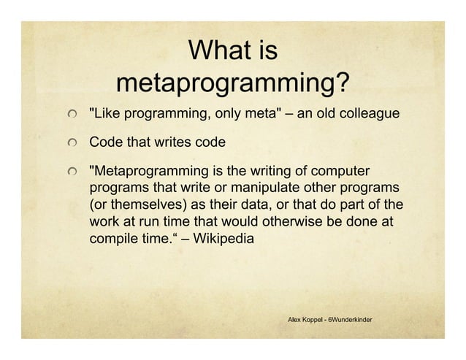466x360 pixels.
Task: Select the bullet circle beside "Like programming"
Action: tap(72, 115)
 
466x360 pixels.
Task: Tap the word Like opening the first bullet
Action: tap(105, 115)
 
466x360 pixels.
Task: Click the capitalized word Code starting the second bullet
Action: tap(104, 141)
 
